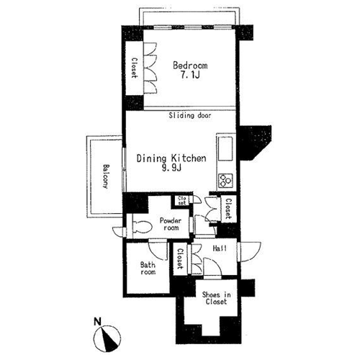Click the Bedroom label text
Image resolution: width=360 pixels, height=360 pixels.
click(x=190, y=66)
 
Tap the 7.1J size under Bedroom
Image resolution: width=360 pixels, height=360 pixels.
click(x=190, y=76)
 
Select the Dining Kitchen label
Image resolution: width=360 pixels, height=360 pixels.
click(x=171, y=158)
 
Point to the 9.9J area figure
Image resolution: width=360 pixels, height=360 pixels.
click(x=171, y=168)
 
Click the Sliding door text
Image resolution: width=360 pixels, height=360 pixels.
click(x=190, y=116)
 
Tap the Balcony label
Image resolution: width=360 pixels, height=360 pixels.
click(x=105, y=176)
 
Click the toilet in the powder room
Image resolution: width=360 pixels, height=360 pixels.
click(x=142, y=227)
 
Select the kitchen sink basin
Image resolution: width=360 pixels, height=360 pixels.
click(x=225, y=149)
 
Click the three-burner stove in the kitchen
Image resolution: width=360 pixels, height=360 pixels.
click(x=225, y=181)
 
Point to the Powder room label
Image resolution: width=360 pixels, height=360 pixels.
click(x=171, y=224)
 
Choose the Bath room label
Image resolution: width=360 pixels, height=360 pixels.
click(x=148, y=269)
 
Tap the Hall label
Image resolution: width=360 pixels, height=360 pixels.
click(x=220, y=248)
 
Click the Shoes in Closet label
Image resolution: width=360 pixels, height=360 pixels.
click(x=216, y=298)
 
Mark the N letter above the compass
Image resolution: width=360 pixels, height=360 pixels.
click(x=97, y=321)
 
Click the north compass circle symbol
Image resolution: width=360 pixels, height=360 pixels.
click(x=107, y=338)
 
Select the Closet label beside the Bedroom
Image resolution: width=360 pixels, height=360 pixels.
click(x=135, y=68)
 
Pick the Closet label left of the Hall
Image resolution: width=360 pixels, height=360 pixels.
click(x=180, y=258)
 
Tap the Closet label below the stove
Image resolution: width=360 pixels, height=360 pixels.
click(x=228, y=209)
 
